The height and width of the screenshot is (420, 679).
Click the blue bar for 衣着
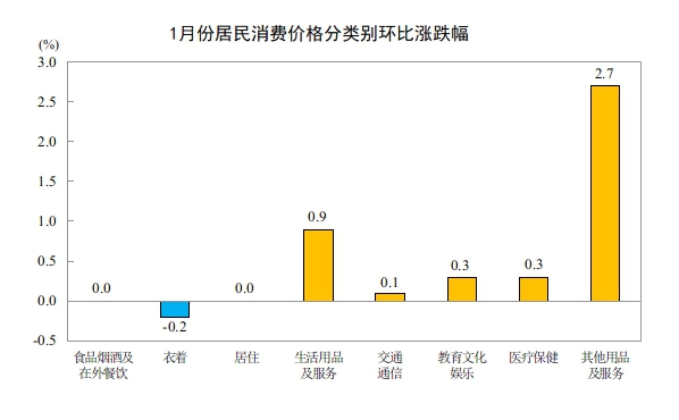pyautogui.click(x=175, y=309)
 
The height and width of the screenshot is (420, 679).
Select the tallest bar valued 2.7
pyautogui.click(x=605, y=193)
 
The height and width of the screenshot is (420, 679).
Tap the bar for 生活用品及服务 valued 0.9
pyautogui.click(x=318, y=265)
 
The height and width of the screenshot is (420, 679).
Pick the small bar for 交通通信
pyautogui.click(x=390, y=297)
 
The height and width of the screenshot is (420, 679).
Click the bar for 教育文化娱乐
pyautogui.click(x=462, y=289)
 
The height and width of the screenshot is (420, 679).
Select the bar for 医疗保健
pyautogui.click(x=533, y=289)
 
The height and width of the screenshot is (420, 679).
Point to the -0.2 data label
pyautogui.click(x=174, y=327)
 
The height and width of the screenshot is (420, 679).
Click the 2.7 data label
pyautogui.click(x=604, y=74)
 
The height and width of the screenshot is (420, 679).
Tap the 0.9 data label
pyautogui.click(x=317, y=216)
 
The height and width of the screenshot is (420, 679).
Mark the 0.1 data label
pyautogui.click(x=389, y=282)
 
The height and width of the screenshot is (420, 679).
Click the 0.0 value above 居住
pyautogui.click(x=244, y=288)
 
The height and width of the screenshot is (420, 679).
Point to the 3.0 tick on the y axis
pyautogui.click(x=47, y=62)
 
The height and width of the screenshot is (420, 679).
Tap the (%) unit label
pyautogui.click(x=48, y=45)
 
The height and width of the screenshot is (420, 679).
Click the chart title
pyautogui.click(x=319, y=33)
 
